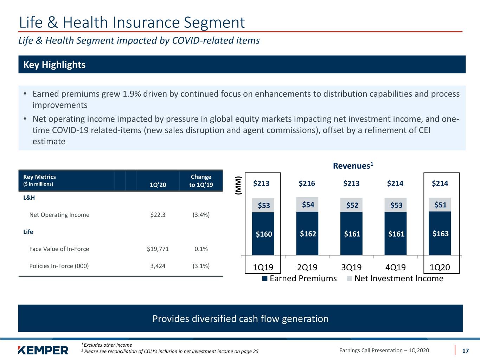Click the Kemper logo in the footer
pos(43,350)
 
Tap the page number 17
pos(465,351)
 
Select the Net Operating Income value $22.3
pos(158,215)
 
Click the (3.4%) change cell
pos(201,215)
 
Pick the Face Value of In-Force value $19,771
pos(158,249)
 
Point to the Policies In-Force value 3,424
pos(158,266)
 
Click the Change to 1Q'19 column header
pos(201,181)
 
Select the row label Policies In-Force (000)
pos(59,266)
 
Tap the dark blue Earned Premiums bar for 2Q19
pos(307,233)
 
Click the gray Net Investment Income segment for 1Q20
pos(440,205)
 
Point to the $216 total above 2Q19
pos(307,183)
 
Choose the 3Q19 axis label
pos(351,267)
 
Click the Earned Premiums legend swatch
pos(264,278)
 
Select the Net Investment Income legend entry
pos(395,278)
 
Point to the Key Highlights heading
pos(54,65)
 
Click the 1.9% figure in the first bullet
pos(132,94)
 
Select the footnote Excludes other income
pos(108,345)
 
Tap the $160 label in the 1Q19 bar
pos(264,234)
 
